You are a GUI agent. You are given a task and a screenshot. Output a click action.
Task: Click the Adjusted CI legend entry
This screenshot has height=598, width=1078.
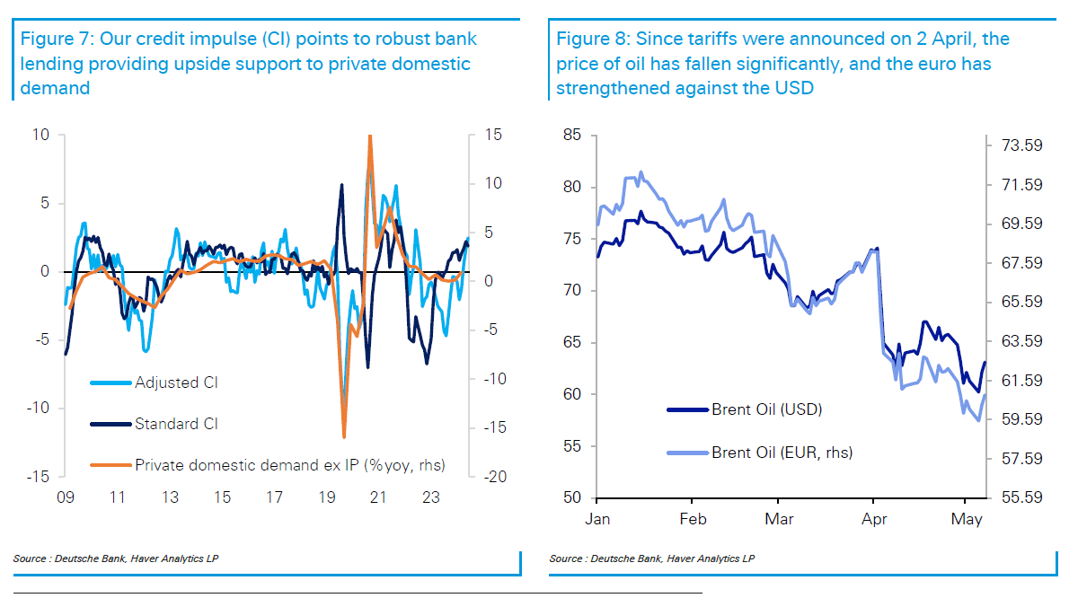coord(176,383)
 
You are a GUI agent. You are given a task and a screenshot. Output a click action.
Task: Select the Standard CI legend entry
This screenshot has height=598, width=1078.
coord(176,424)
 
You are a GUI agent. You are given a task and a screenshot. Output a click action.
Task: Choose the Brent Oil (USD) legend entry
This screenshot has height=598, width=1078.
coord(766,409)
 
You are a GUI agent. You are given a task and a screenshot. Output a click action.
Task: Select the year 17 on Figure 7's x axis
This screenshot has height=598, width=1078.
coord(274,497)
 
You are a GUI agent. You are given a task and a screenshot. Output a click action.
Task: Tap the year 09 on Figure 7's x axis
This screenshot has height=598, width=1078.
coord(65,497)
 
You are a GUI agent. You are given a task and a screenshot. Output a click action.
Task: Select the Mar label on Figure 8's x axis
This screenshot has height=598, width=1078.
coord(779,520)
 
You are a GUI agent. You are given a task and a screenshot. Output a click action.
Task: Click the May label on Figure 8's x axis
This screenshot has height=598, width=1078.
coord(966,520)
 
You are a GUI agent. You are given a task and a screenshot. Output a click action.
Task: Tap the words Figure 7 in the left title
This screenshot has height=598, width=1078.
coord(51,40)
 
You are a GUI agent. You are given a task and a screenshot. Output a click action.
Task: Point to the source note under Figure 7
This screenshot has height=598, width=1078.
coord(116,558)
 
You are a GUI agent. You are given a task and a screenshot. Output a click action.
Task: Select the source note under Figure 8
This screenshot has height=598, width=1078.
coord(651,558)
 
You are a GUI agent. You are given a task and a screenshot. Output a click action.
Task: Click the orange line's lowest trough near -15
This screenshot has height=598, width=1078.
coord(344,436)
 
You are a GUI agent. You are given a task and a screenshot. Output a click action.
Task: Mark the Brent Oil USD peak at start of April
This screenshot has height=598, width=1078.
coord(877,249)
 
